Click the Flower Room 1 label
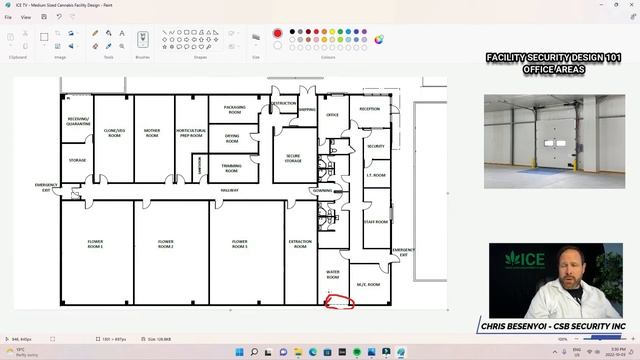click(95, 244)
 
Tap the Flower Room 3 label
click(240, 243)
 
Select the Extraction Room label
click(300, 244)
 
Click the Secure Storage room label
click(293, 158)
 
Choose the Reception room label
click(369, 108)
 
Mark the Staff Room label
click(375, 221)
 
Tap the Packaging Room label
click(235, 108)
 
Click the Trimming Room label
click(232, 166)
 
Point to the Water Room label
click(333, 274)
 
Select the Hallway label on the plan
click(230, 189)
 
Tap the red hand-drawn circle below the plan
click(341, 302)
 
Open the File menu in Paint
click(8, 17)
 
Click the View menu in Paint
click(26, 17)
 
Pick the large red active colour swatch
click(277, 33)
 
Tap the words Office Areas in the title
click(553, 69)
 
